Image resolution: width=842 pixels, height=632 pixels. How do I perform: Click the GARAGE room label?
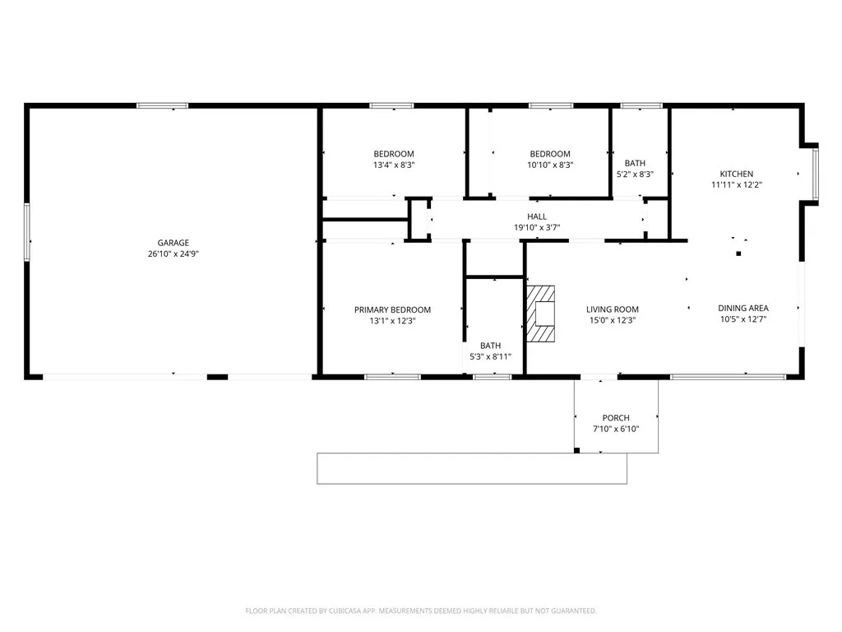click(x=173, y=243)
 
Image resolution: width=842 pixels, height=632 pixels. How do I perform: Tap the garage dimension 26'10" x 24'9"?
click(x=173, y=253)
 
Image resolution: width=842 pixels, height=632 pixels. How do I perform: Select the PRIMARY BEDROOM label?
click(x=392, y=309)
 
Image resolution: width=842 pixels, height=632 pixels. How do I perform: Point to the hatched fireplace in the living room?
click(x=540, y=314)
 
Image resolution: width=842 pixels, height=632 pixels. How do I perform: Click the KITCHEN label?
click(x=737, y=174)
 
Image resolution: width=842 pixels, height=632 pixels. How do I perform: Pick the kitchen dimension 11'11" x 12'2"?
click(x=737, y=184)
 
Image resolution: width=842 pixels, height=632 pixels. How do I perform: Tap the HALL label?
click(x=537, y=216)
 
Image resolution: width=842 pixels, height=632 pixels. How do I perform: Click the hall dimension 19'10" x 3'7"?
click(x=537, y=227)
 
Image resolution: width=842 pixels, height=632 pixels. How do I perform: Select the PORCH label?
click(x=616, y=417)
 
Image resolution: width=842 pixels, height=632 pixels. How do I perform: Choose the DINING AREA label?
click(x=743, y=308)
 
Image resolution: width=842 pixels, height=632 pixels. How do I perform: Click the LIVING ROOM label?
click(x=612, y=309)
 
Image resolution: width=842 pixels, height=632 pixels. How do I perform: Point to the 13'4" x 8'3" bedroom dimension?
click(x=394, y=165)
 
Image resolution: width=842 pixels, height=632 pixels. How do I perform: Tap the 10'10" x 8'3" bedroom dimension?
click(x=550, y=165)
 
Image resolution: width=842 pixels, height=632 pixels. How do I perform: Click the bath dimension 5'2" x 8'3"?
click(x=635, y=174)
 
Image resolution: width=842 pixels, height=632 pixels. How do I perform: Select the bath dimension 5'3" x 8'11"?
click(x=490, y=356)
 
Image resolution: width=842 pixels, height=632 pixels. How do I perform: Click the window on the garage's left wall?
click(x=27, y=239)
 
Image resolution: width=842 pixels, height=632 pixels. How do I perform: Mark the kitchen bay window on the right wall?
click(x=815, y=174)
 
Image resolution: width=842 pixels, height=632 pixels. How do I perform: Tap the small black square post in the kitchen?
click(x=739, y=253)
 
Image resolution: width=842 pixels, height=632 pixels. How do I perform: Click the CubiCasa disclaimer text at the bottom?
click(x=421, y=611)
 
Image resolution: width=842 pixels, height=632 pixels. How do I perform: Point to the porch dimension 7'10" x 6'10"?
click(x=616, y=429)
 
